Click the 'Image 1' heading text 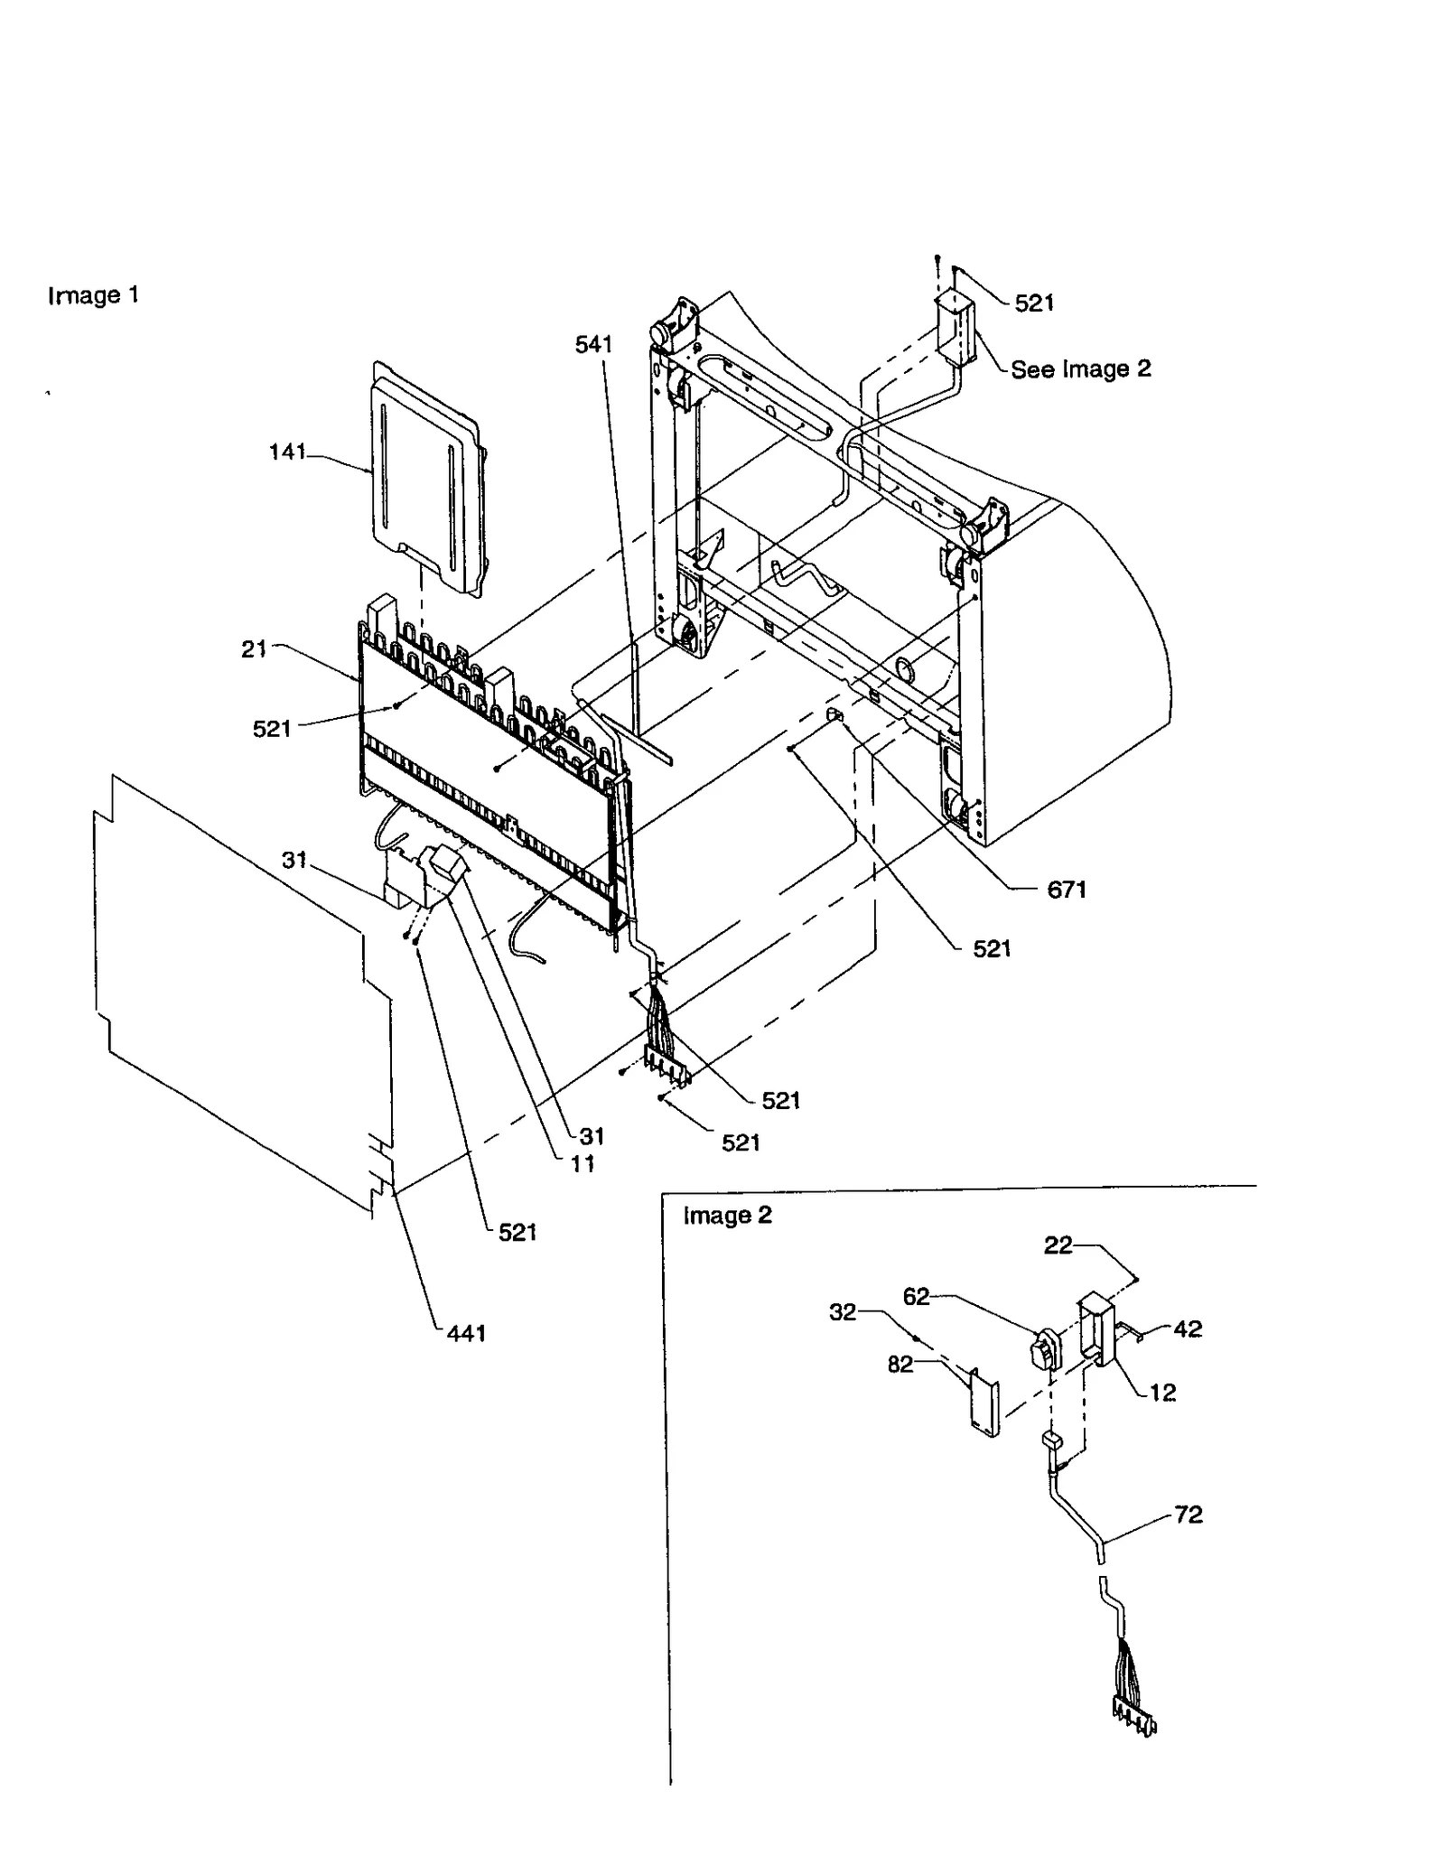click(x=93, y=295)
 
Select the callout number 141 click(x=288, y=452)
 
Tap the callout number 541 click(x=593, y=344)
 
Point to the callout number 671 click(x=1066, y=890)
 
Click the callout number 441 click(x=466, y=1332)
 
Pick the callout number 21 click(x=254, y=648)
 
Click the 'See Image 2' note click(x=1080, y=368)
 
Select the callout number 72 click(x=1189, y=1515)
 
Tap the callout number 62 click(x=916, y=1297)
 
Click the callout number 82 click(x=900, y=1364)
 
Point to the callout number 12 click(x=1162, y=1393)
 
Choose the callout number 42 click(x=1188, y=1329)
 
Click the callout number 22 click(x=1058, y=1245)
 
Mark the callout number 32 click(x=842, y=1312)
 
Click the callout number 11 click(x=583, y=1164)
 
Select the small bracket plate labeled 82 click(x=984, y=1401)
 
